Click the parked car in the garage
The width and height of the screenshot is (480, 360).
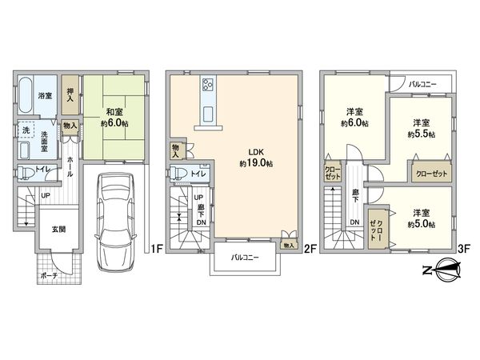[x=112, y=223]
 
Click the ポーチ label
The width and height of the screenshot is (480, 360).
[x=48, y=277]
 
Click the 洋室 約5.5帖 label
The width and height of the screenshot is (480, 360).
[x=423, y=129]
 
